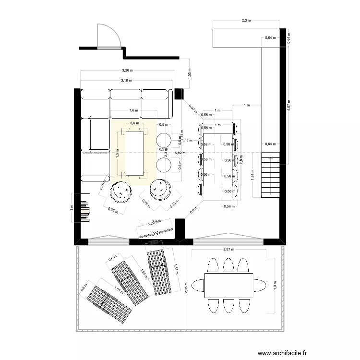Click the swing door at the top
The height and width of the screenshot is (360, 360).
tap(108, 36)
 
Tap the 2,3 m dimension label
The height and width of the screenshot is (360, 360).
tap(246, 21)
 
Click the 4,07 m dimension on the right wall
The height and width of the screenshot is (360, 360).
tap(288, 106)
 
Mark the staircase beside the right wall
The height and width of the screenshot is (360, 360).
tap(269, 175)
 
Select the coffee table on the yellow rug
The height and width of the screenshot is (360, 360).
tap(134, 153)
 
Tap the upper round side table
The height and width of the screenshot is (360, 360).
tap(164, 140)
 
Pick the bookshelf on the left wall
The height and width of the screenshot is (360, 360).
tap(84, 207)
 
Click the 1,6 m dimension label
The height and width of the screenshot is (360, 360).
tap(134, 110)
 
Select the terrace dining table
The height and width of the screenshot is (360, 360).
tap(228, 285)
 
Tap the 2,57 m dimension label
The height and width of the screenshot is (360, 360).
tap(228, 249)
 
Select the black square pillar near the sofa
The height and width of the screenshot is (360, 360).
tap(179, 94)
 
